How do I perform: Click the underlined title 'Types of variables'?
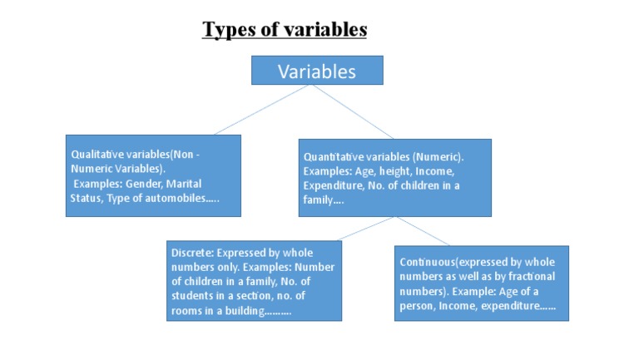coord(285,30)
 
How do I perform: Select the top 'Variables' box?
coord(317,71)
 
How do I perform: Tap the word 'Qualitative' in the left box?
coord(95,155)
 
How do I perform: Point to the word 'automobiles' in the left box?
coord(169,197)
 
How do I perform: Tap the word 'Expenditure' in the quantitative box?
coord(330,185)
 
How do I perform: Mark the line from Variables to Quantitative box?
coord(350,111)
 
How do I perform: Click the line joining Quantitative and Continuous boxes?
coord(424,231)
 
